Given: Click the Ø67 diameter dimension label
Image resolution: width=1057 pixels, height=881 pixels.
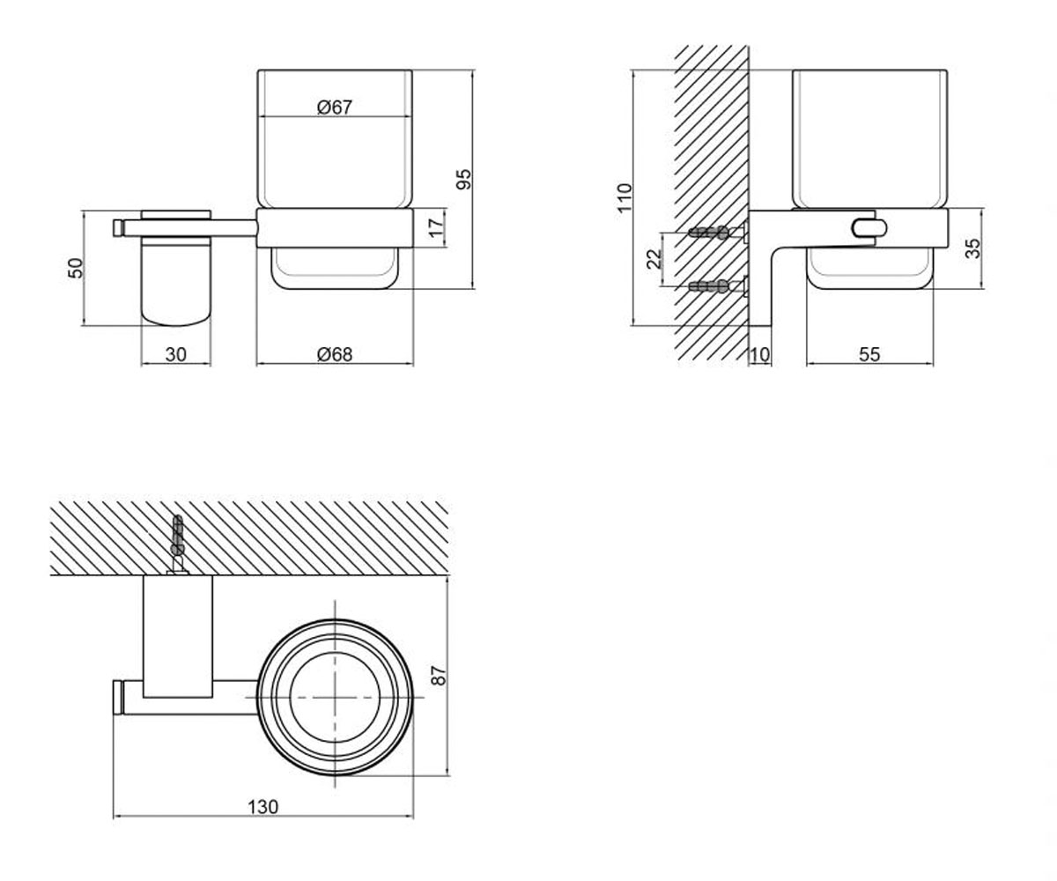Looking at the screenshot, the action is [x=334, y=107].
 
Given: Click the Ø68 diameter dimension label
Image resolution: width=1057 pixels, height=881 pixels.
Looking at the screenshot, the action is [x=335, y=354].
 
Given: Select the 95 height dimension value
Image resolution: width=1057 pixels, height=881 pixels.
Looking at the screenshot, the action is [x=463, y=179].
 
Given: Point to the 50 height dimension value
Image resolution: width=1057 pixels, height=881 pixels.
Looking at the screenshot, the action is [x=76, y=268].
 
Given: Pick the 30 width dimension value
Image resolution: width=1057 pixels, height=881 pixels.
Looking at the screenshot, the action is [x=175, y=354].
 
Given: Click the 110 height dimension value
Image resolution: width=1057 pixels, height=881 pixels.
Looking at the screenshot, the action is [x=625, y=197].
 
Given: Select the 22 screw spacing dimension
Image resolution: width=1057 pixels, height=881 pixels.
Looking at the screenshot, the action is [x=654, y=259].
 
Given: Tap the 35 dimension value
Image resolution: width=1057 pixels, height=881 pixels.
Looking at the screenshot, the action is [x=972, y=248].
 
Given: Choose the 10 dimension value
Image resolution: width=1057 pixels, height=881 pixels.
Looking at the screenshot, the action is [x=759, y=355].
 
